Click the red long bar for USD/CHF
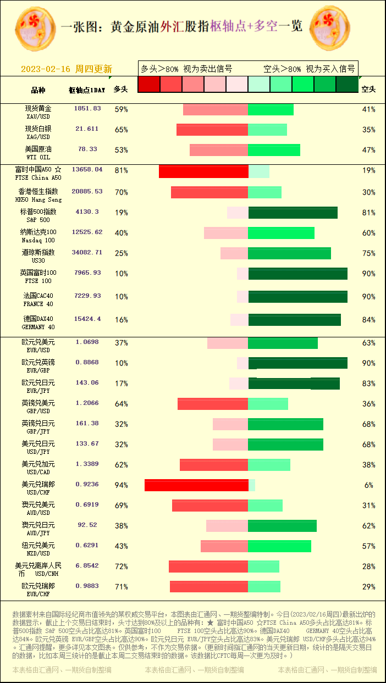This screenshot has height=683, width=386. click(196, 485)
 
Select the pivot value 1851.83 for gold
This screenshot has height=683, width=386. click(87, 109)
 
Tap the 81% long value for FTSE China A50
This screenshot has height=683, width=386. click(121, 171)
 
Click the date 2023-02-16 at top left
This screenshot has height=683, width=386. click(46, 69)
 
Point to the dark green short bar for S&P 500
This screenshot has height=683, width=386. click(293, 213)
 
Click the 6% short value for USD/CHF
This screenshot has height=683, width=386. click(368, 485)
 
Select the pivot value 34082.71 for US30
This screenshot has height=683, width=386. click(87, 253)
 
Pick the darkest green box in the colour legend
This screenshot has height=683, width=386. click(346, 84)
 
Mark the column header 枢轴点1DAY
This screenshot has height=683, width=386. click(87, 90)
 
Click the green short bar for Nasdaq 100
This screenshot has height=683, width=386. click(281, 233)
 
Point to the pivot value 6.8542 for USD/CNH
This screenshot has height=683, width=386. click(87, 565)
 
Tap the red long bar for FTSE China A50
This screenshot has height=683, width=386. click(203, 171)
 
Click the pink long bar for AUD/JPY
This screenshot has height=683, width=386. click(227, 526)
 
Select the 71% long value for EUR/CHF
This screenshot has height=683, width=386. click(121, 587)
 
